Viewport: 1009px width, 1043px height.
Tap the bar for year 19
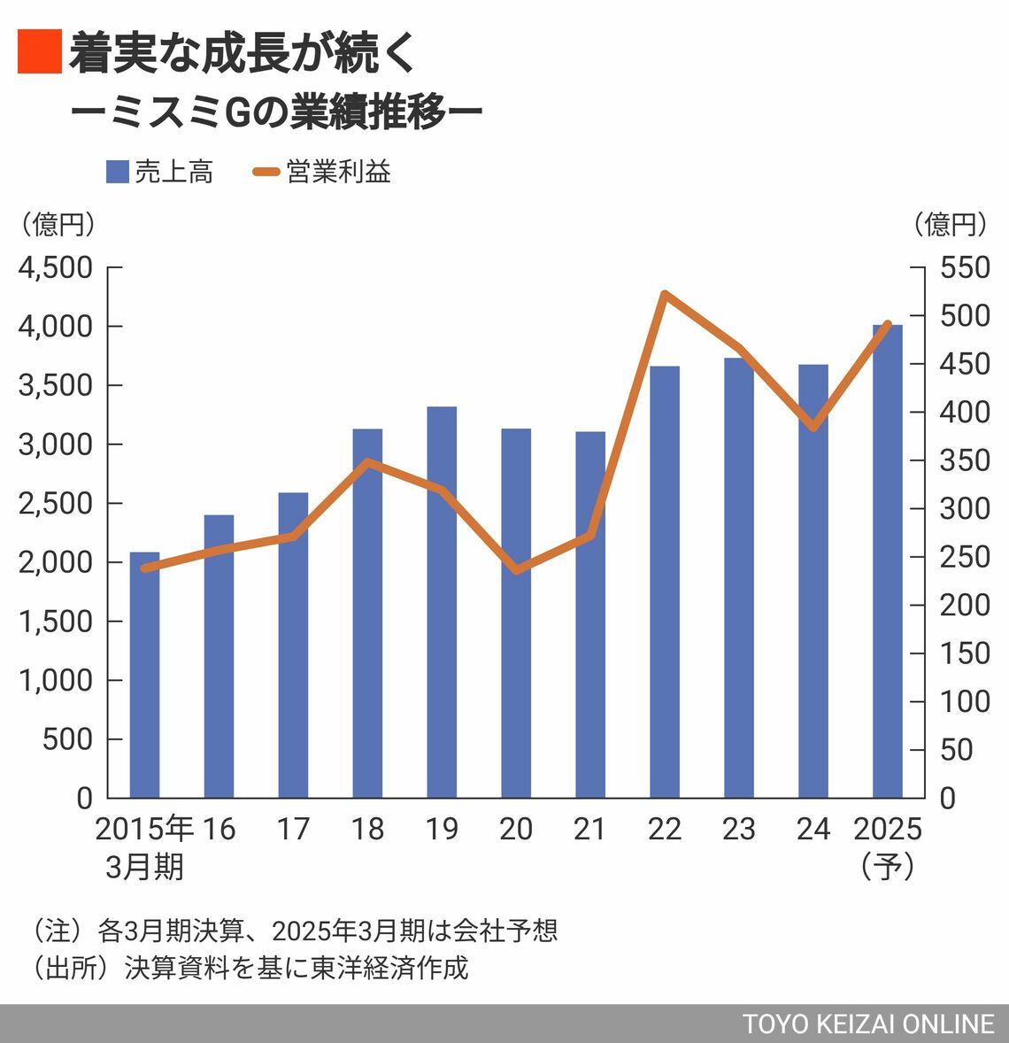click(442, 602)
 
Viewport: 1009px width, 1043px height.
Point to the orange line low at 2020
click(516, 570)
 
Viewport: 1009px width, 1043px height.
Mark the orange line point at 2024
click(813, 428)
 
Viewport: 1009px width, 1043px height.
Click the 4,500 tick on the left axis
click(56, 267)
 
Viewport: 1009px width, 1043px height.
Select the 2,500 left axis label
click(56, 503)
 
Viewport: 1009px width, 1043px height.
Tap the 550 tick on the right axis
click(965, 267)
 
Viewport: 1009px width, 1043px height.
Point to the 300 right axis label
click(965, 508)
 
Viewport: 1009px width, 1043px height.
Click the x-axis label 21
click(589, 829)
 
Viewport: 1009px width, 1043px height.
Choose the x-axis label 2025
click(888, 829)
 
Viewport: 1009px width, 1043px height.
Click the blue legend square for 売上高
click(118, 172)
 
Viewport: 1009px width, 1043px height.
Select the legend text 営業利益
click(339, 172)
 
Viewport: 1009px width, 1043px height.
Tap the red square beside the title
click(39, 51)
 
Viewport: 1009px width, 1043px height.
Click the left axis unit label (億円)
click(58, 224)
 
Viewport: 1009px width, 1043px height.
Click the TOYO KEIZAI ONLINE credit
click(868, 1024)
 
